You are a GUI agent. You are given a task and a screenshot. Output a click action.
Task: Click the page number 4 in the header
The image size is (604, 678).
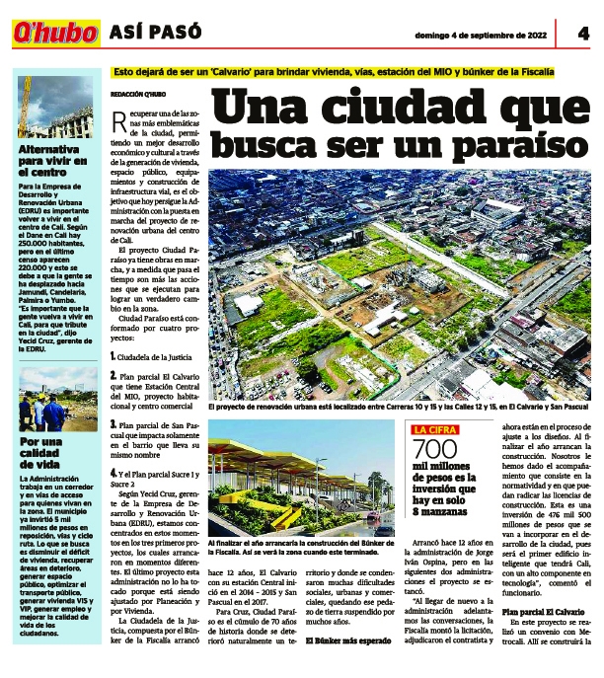583,32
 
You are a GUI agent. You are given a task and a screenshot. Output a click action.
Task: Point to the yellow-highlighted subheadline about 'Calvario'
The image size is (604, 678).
334,72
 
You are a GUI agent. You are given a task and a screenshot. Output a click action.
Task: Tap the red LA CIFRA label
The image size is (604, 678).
435,428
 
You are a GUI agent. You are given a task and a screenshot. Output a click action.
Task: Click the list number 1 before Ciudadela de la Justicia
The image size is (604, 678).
113,354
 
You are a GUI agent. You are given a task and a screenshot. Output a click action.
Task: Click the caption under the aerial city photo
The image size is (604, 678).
399,406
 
